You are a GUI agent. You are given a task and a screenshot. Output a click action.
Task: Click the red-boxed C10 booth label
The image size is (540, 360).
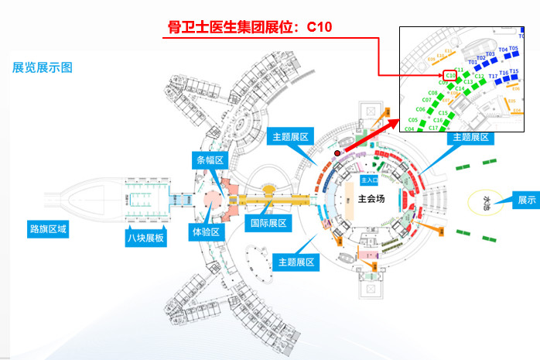(451, 75)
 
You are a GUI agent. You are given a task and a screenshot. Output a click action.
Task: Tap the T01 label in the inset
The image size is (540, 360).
(473, 61)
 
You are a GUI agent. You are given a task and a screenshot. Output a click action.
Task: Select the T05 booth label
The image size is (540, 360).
(514, 49)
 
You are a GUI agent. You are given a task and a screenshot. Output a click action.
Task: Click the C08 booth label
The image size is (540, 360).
(432, 93)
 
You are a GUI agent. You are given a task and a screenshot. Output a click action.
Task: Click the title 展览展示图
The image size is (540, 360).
(43, 67)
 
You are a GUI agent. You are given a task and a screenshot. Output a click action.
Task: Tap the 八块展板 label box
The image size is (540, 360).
(145, 238)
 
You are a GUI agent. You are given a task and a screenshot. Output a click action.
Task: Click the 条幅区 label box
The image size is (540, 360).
(208, 160)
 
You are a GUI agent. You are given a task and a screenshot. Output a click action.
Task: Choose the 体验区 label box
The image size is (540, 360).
(207, 231)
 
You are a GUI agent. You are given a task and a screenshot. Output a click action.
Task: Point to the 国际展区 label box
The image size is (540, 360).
(268, 224)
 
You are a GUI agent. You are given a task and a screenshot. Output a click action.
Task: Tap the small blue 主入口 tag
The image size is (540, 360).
(361, 180)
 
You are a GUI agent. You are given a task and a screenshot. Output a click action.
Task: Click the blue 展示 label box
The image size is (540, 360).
(527, 200)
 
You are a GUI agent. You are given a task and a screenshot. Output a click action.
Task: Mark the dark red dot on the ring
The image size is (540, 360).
(337, 153)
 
